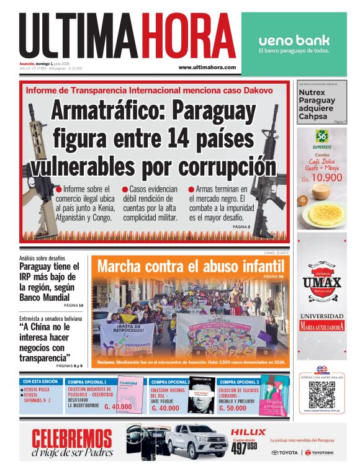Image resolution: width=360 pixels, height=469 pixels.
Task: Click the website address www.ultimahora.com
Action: tap(207, 67)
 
